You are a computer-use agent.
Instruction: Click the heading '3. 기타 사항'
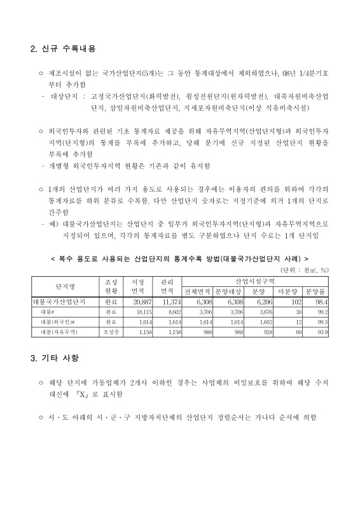coord(54,358)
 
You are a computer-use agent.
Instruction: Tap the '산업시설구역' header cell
coord(254,281)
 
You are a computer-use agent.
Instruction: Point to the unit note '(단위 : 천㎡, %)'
coord(305,270)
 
